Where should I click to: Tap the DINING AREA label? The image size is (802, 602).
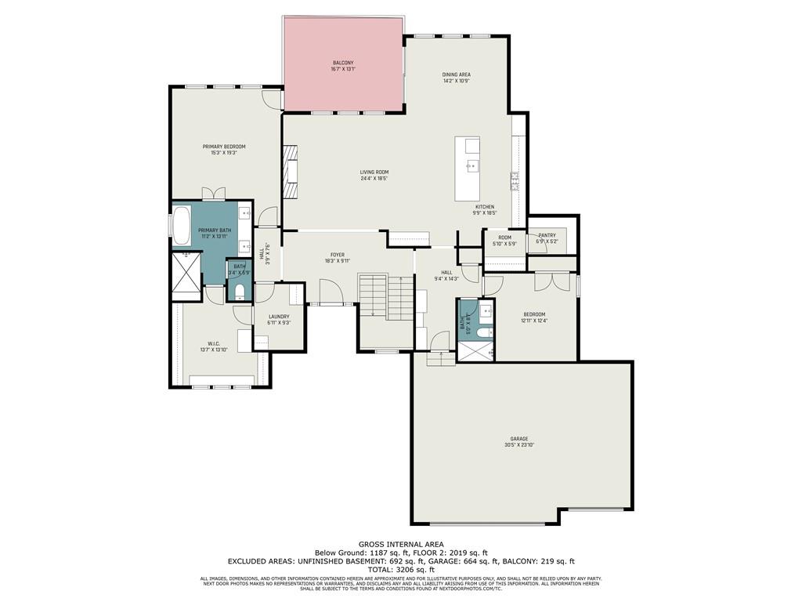(456, 74)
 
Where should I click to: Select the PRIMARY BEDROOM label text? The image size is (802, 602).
(224, 147)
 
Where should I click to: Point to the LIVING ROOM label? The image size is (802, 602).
(374, 172)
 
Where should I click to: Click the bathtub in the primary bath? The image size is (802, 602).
(182, 225)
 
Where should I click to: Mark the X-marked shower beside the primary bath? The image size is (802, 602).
(186, 274)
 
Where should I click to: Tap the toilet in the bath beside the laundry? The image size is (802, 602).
(240, 293)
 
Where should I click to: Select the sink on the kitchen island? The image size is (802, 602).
(472, 166)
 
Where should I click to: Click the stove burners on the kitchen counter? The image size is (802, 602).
(515, 182)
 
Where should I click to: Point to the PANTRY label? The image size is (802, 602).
(547, 234)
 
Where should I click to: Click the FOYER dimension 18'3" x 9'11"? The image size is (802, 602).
(337, 261)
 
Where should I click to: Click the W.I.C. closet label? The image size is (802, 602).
(214, 343)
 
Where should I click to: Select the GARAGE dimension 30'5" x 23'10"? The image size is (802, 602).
(519, 444)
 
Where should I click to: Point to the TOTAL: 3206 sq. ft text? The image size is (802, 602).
(401, 570)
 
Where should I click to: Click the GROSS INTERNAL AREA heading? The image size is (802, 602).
(401, 544)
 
